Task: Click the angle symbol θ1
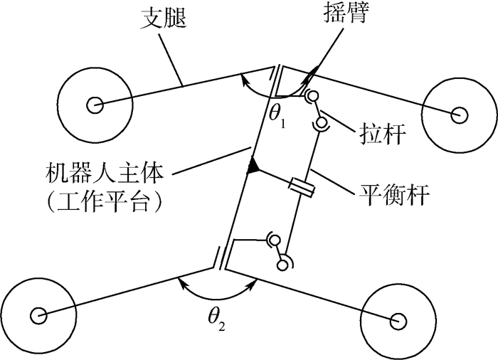277,117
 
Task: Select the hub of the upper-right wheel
458,113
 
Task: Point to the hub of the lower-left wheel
38,314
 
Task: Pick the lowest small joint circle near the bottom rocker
282,265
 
